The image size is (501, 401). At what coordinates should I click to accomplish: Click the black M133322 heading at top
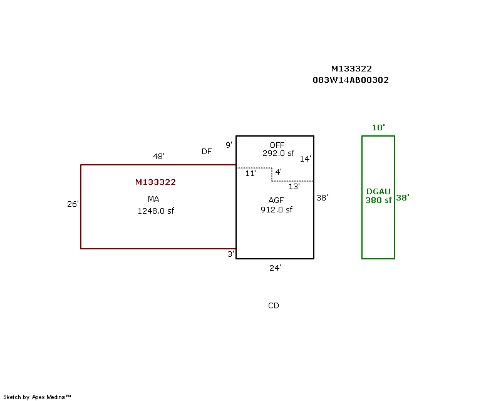351,69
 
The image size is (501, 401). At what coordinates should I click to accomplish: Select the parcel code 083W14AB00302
351,80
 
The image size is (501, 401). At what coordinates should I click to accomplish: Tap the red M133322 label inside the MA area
155,182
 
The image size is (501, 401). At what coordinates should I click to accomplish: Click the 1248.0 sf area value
155,211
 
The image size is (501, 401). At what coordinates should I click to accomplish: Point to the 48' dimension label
158,156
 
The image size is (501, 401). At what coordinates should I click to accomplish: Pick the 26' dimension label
73,204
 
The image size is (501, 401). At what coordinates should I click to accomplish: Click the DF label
207,152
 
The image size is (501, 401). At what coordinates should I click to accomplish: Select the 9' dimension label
229,145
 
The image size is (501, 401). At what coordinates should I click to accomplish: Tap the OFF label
276,145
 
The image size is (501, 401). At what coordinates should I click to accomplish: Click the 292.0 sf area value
279,153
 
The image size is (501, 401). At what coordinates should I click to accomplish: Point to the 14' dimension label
305,159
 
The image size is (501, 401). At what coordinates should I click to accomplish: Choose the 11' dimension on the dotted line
250,174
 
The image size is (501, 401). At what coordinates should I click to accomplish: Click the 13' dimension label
294,186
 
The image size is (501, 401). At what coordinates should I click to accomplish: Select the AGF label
276,201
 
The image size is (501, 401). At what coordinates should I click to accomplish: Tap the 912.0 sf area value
276,210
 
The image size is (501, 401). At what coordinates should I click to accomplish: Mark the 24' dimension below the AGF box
275,268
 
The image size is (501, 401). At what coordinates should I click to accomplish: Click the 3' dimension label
230,254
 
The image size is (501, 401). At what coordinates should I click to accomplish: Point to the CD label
274,306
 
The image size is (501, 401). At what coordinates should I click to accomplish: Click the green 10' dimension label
378,127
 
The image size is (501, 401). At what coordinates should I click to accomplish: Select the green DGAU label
378,191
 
